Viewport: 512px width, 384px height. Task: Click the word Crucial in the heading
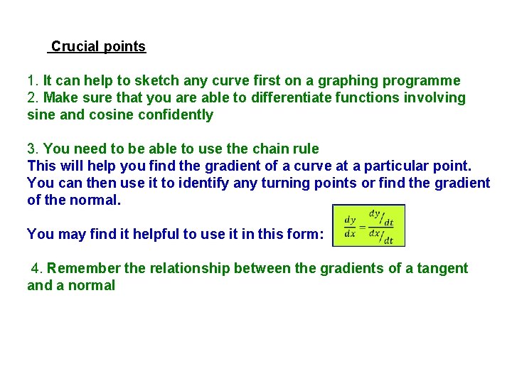[75, 47]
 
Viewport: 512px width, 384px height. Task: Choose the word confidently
[178, 115]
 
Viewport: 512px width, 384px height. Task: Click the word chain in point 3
[271, 149]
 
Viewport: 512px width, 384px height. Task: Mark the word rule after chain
[306, 149]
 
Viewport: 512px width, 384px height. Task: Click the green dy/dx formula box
[368, 226]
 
